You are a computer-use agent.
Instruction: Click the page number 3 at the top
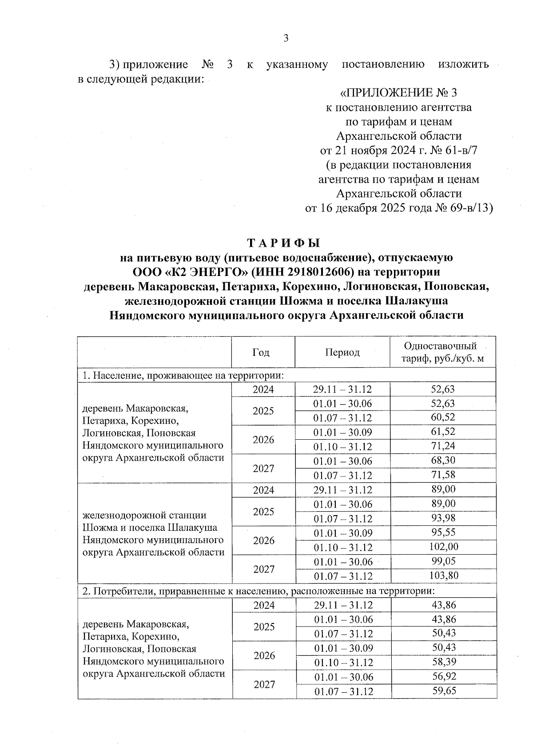tap(286, 39)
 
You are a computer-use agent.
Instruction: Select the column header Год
tap(261, 353)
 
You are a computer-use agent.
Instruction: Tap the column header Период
tap(342, 353)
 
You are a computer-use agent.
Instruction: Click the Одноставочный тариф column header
tap(443, 352)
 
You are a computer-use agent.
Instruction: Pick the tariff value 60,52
tap(443, 418)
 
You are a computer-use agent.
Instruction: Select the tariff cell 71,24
tap(443, 446)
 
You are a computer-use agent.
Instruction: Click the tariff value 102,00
tap(443, 547)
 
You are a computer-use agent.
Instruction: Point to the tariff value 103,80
tap(443, 576)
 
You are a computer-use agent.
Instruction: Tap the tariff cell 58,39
tap(444, 662)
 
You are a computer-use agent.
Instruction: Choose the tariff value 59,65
tap(444, 691)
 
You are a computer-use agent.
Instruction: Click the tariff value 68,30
tap(443, 461)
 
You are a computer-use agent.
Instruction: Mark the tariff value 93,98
tap(443, 518)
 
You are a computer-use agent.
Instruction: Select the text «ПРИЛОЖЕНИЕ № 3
tap(398, 93)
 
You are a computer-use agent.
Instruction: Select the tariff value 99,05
tap(443, 561)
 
